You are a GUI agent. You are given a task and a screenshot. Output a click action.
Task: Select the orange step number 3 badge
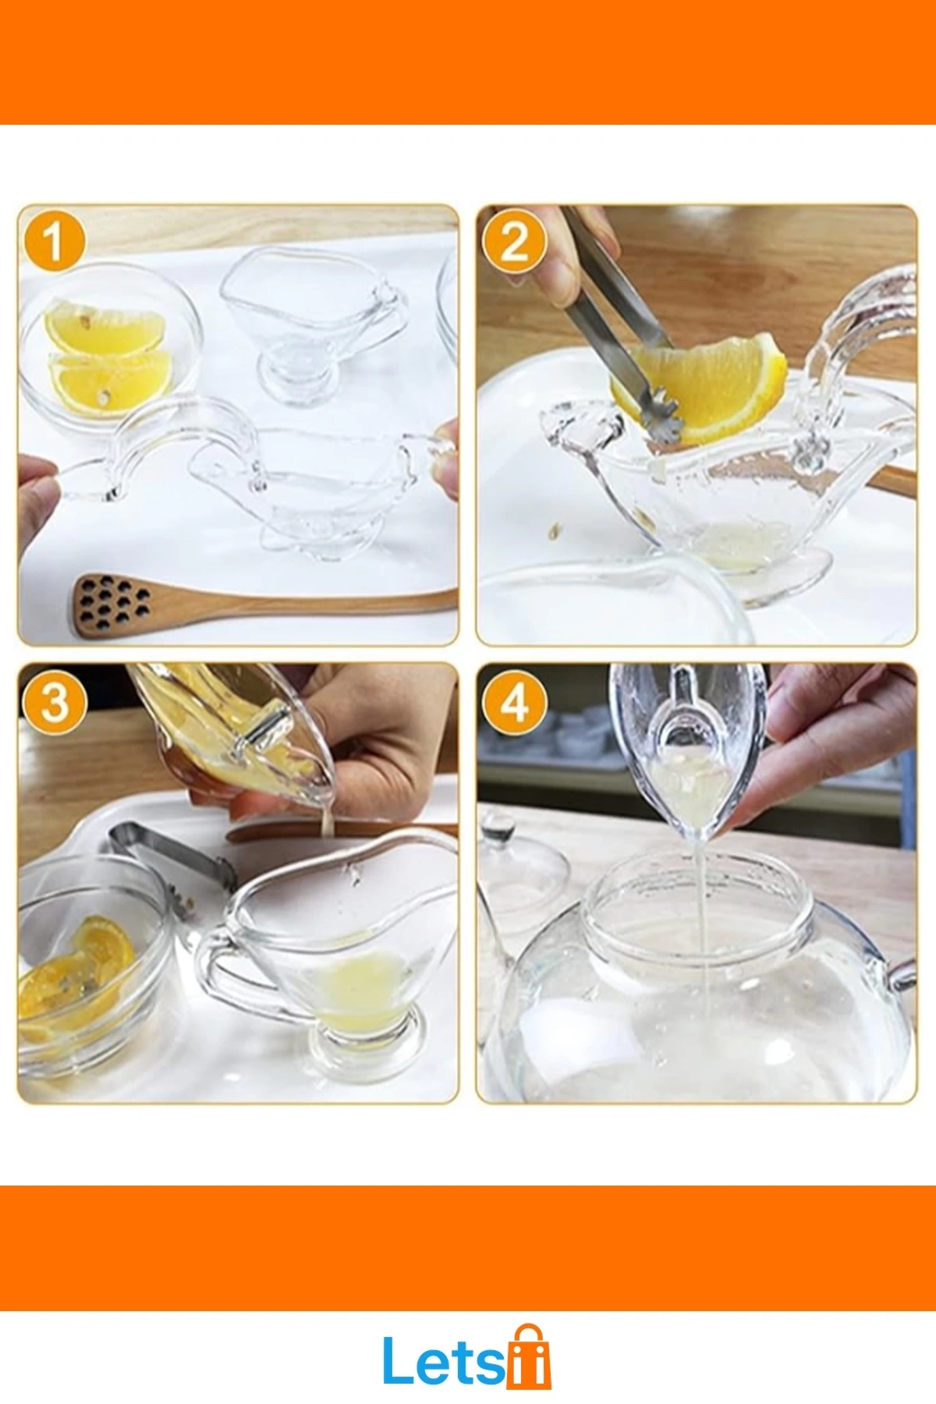(54, 701)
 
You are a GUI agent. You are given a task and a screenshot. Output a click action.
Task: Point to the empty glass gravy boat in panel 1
(312, 320)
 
